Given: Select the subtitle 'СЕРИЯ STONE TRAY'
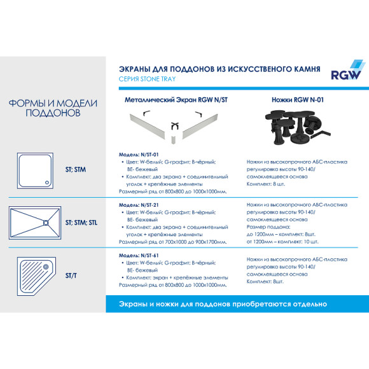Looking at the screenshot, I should point(148,79).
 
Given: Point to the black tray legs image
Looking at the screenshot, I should point(290,127).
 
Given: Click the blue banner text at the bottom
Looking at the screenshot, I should point(223,304).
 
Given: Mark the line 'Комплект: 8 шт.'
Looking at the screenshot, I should point(267,183).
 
